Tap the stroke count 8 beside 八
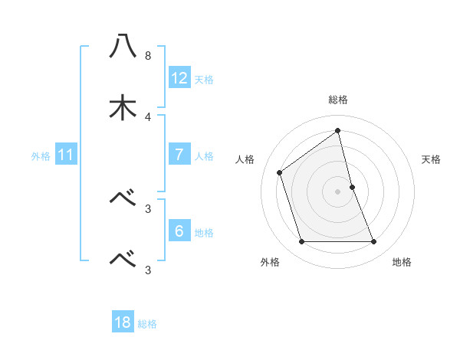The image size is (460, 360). click(148, 56)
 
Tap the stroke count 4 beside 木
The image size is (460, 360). click(148, 117)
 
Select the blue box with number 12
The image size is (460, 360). click(179, 77)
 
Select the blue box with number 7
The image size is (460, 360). click(179, 155)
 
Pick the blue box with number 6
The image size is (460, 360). click(179, 231)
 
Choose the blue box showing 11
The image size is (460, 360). click(65, 155)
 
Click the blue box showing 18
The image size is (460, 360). click(123, 322)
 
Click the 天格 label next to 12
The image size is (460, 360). click(204, 79)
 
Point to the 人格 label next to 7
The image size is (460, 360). click(204, 156)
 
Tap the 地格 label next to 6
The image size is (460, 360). click(204, 232)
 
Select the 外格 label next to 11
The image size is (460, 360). click(41, 156)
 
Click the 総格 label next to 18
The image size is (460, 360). click(147, 324)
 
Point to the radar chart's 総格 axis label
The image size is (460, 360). click(338, 100)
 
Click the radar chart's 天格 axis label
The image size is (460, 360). click(432, 159)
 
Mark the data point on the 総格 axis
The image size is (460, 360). click(338, 130)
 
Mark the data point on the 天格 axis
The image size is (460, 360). click(353, 186)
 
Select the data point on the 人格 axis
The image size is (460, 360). click(280, 172)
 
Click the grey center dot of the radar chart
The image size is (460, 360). click(338, 191)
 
